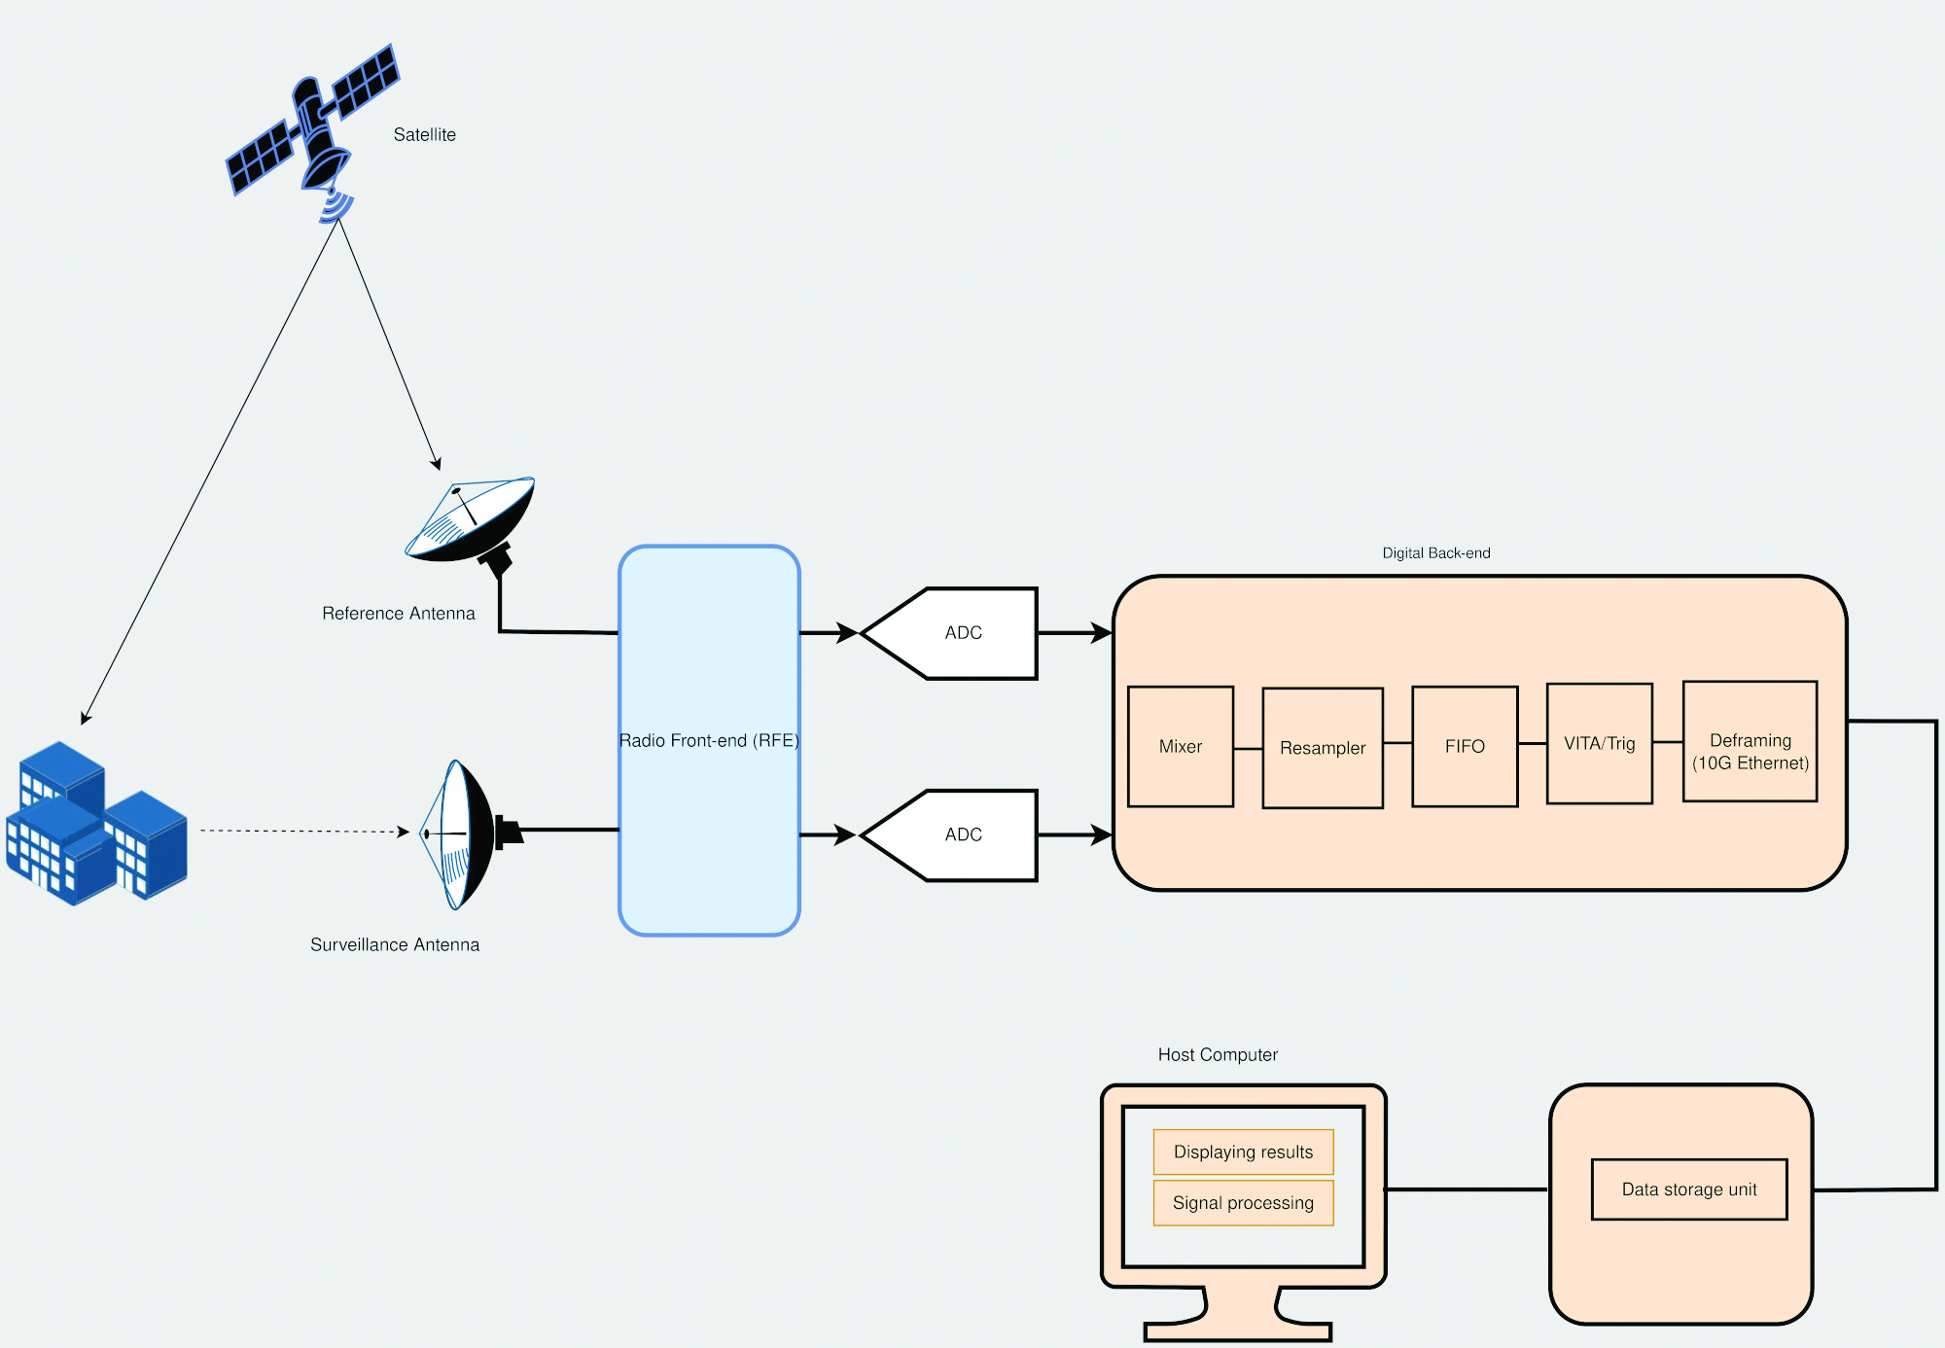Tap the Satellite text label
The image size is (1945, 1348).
tap(424, 135)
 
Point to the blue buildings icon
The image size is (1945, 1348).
tap(95, 825)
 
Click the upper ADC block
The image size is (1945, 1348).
tap(962, 633)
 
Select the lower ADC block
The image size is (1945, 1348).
tap(962, 835)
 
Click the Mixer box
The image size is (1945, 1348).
tap(1180, 747)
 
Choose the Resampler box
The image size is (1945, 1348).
tap(1322, 748)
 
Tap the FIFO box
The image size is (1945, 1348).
tap(1464, 747)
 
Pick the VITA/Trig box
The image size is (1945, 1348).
tap(1599, 744)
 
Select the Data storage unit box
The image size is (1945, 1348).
tap(1688, 1189)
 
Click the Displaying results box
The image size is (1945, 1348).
tap(1243, 1153)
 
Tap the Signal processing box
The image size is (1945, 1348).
tap(1243, 1203)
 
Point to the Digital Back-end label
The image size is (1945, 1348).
tap(1435, 553)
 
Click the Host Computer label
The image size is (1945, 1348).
tap(1218, 1055)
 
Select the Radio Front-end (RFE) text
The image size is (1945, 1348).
tap(709, 741)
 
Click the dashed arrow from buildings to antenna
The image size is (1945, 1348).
tap(301, 832)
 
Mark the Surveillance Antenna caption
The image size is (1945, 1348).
tap(394, 945)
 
